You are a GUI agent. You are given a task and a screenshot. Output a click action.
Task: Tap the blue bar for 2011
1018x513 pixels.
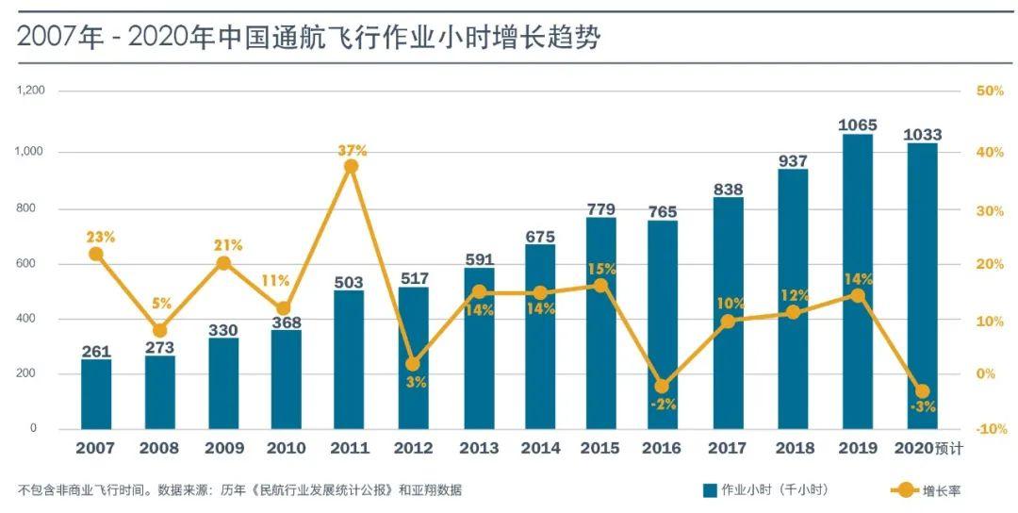point(349,358)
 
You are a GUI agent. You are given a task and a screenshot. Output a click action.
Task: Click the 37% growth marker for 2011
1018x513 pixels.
point(351,166)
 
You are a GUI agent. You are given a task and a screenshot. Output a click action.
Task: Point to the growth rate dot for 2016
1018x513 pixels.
point(662,387)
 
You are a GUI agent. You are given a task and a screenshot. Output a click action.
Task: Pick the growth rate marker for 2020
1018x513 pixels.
point(922,390)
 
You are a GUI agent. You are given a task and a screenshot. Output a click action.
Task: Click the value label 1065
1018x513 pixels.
point(857,124)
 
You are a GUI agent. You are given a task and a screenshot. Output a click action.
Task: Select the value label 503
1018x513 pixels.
point(349,280)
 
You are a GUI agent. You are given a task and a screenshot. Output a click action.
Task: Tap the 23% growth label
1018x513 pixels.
point(100,238)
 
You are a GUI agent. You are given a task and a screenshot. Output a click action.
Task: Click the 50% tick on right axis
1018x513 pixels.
point(990,91)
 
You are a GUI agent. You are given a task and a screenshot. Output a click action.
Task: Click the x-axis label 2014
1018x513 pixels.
point(540,449)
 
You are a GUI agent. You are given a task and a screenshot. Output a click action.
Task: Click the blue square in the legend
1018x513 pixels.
point(710,490)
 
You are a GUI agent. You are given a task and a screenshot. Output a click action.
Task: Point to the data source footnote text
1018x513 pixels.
point(239,490)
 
